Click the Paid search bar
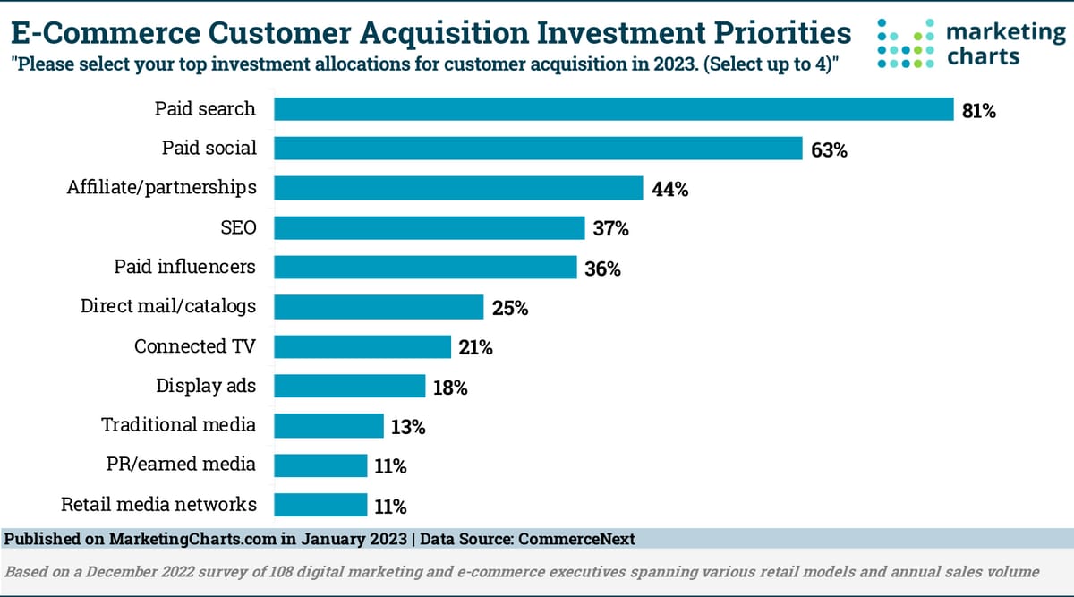[613, 109]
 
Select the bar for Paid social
[538, 149]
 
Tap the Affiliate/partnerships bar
[458, 188]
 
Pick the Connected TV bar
[362, 346]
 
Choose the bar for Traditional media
[328, 425]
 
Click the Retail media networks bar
[320, 505]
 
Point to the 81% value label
[978, 111]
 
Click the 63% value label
[829, 150]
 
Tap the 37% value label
[610, 229]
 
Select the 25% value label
[510, 309]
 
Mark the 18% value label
[450, 388]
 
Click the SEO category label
[238, 228]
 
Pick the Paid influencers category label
[184, 267]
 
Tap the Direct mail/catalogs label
[168, 306]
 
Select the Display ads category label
[206, 386]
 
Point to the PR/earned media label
[182, 465]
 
